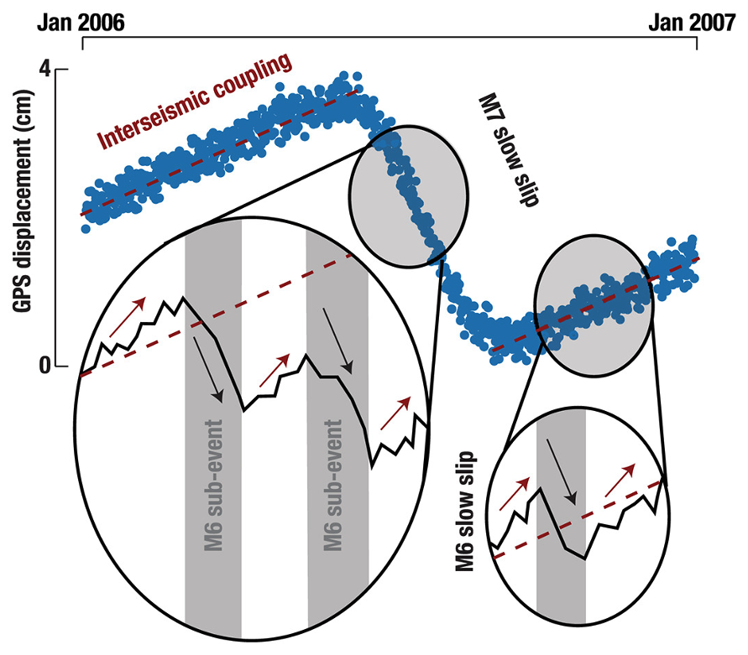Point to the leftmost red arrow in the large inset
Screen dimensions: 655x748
point(127,315)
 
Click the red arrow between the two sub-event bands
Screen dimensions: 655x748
point(274,372)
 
